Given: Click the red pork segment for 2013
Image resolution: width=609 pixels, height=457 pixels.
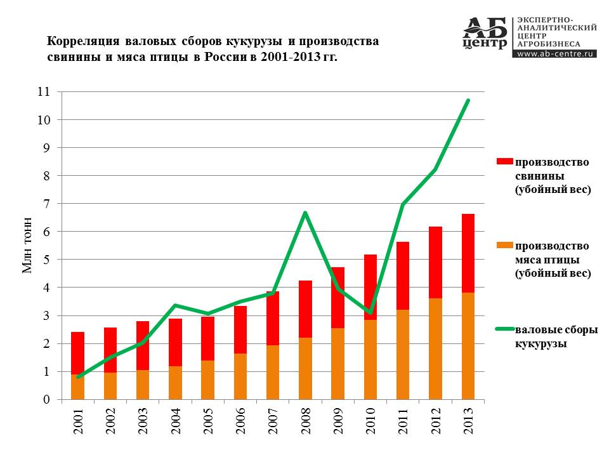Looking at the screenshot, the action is pyautogui.click(x=468, y=253).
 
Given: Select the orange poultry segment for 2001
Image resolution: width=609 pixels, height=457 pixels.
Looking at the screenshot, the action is pyautogui.click(x=77, y=387).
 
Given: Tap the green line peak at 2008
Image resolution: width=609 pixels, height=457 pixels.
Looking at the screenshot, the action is pyautogui.click(x=305, y=213).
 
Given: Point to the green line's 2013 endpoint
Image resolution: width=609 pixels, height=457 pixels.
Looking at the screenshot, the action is pyautogui.click(x=468, y=101).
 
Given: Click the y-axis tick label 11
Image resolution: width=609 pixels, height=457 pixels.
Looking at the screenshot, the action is pyautogui.click(x=44, y=91).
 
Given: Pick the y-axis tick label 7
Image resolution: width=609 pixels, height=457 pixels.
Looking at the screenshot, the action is pyautogui.click(x=46, y=204).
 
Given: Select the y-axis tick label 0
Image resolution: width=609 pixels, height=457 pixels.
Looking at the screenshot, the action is pyautogui.click(x=46, y=399).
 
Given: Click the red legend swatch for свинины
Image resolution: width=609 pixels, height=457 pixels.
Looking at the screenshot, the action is pyautogui.click(x=504, y=161).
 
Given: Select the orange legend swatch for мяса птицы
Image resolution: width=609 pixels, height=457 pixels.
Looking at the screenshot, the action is pyautogui.click(x=504, y=245).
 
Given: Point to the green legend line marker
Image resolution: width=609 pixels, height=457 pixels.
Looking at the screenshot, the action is pyautogui.click(x=504, y=329).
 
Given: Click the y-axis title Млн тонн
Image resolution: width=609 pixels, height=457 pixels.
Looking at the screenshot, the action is pyautogui.click(x=27, y=245).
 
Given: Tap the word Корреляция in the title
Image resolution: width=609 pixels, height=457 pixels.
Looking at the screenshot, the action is pyautogui.click(x=82, y=41).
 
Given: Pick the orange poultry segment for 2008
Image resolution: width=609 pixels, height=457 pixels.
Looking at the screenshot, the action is pyautogui.click(x=305, y=369).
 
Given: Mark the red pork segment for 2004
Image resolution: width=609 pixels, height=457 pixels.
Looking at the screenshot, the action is pyautogui.click(x=175, y=342).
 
